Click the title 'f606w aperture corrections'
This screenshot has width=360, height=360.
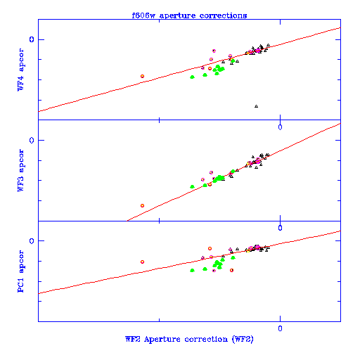click(x=189, y=15)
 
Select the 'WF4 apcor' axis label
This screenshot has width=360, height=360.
click(x=20, y=70)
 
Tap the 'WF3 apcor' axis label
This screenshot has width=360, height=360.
click(x=20, y=170)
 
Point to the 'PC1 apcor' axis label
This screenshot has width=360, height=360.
click(x=20, y=271)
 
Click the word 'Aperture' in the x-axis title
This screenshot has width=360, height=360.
click(x=162, y=340)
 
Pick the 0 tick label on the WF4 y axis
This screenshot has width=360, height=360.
click(x=32, y=39)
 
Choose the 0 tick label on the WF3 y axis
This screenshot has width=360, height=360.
click(x=32, y=141)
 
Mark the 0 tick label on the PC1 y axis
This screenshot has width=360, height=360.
click(x=32, y=241)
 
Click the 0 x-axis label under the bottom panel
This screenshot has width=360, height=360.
click(x=280, y=328)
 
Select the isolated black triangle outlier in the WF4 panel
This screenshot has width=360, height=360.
click(x=256, y=106)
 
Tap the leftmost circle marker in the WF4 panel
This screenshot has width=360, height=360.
click(x=142, y=76)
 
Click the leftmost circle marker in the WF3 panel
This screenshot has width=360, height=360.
click(x=142, y=205)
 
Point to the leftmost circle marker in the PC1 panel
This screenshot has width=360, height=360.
click(x=142, y=262)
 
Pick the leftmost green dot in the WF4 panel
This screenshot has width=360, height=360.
click(x=192, y=77)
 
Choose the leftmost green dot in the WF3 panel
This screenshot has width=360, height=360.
click(x=192, y=186)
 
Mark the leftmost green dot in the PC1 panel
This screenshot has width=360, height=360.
click(x=192, y=270)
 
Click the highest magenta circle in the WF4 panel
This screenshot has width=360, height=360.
click(x=214, y=51)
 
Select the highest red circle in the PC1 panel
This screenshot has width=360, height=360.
click(x=210, y=248)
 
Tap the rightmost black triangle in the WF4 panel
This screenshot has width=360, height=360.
click(x=268, y=45)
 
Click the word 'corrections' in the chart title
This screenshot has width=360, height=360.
click(x=223, y=15)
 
